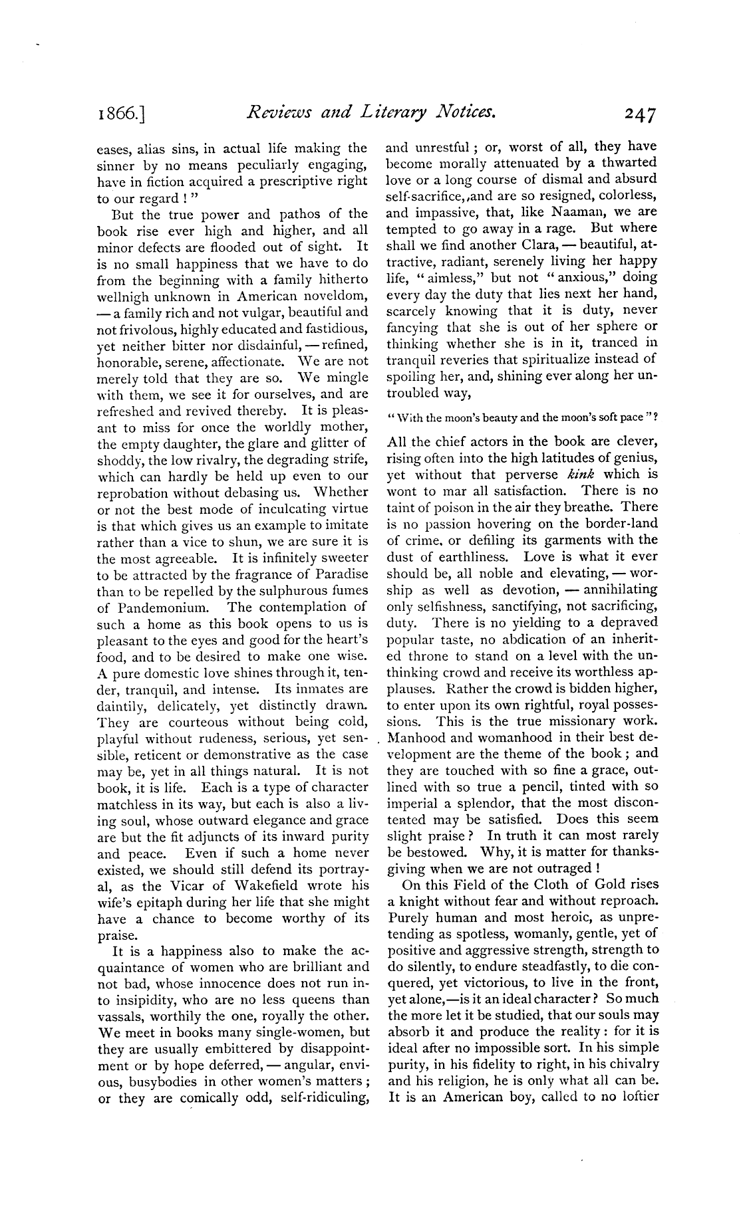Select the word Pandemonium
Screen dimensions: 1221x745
(x=154, y=607)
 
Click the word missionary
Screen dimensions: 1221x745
(x=557, y=721)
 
